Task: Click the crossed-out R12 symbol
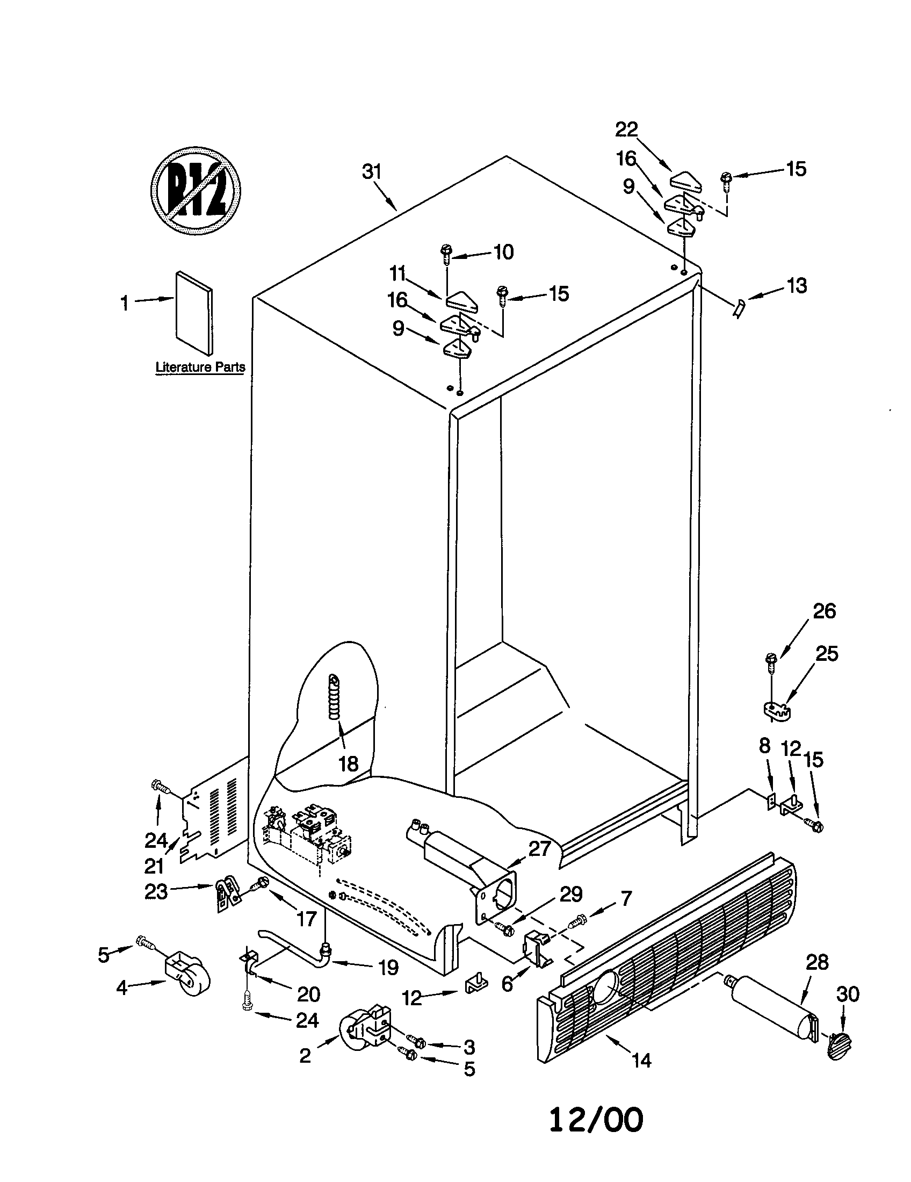point(195,191)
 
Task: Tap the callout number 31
point(372,172)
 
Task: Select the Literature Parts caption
point(200,367)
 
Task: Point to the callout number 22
point(626,129)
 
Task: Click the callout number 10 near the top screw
point(503,252)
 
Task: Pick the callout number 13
point(796,286)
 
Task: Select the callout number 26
point(824,611)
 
